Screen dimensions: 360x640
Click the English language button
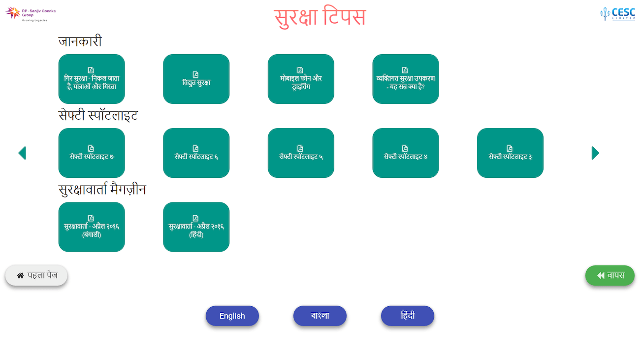tap(232, 316)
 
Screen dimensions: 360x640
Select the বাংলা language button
tap(320, 316)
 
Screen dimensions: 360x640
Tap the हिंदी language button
tap(408, 316)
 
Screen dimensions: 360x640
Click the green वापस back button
tap(609, 275)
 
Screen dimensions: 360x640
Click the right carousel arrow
tap(595, 153)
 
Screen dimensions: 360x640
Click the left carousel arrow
tap(22, 153)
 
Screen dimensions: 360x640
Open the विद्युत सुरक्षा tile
tap(196, 79)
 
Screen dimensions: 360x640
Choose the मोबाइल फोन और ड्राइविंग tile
tap(301, 79)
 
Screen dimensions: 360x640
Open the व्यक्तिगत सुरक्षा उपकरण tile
tap(405, 79)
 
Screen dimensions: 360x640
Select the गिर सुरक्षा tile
tap(92, 79)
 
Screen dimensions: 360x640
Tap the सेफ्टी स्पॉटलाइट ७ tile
tap(92, 153)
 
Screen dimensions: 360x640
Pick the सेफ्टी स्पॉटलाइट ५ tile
tap(301, 153)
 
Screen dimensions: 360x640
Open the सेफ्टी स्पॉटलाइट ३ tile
tap(510, 153)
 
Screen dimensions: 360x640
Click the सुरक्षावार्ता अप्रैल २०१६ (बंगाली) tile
tap(92, 227)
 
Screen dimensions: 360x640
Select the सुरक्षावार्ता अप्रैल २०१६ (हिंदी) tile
tap(196, 227)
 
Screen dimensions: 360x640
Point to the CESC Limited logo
tap(617, 13)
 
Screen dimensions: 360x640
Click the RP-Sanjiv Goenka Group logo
tap(31, 14)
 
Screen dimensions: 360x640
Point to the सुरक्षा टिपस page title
tap(320, 17)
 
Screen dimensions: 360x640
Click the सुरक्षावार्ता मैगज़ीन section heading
tap(102, 190)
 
